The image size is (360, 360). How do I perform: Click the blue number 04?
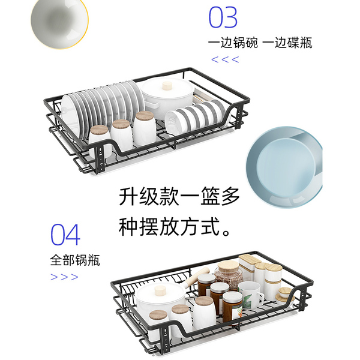click(x=65, y=235)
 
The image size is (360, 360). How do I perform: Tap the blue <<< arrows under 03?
click(x=225, y=59)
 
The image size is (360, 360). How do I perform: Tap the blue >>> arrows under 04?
click(x=64, y=277)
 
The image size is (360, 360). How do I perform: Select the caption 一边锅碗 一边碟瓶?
click(x=260, y=43)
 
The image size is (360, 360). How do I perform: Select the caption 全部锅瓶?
click(x=75, y=260)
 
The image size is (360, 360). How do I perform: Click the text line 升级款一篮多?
click(x=180, y=196)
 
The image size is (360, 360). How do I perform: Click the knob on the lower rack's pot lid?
click(x=160, y=290)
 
